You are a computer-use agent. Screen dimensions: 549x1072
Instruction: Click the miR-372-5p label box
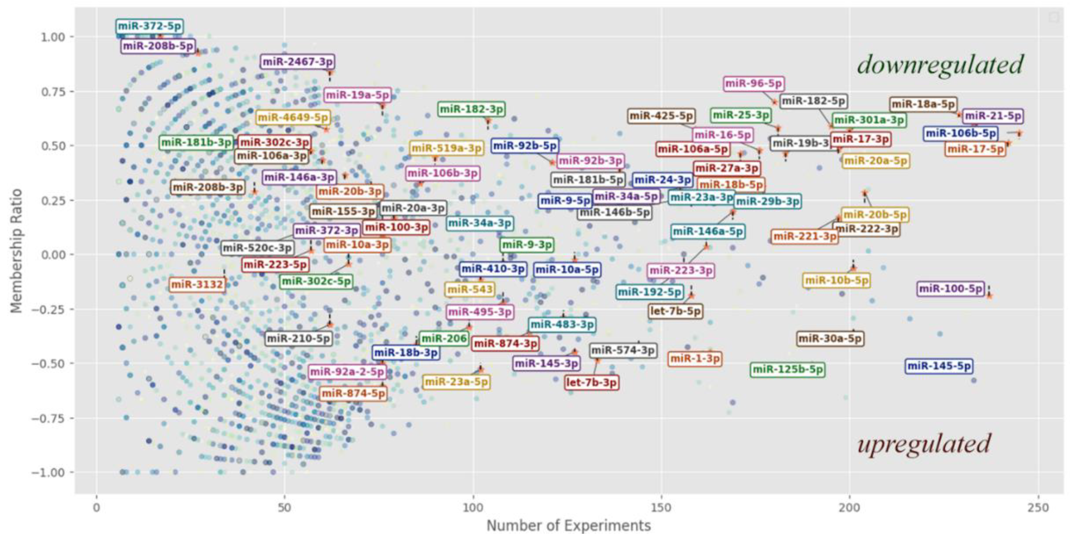[149, 27]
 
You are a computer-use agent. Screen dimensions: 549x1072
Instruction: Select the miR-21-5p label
[993, 116]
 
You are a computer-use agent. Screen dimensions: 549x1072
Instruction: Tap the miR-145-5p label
[939, 366]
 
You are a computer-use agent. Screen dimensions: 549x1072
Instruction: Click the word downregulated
[940, 65]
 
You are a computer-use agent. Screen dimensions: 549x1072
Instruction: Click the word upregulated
[924, 444]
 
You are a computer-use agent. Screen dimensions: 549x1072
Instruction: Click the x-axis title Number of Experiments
[568, 526]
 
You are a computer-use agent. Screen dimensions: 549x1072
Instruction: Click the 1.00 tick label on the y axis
[53, 37]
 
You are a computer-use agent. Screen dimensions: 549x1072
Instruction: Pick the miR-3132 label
[197, 285]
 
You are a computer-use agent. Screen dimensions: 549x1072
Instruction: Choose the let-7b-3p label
[591, 382]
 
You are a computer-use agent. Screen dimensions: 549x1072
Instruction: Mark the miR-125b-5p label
[788, 369]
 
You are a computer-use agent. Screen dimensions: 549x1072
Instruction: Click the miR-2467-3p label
[298, 62]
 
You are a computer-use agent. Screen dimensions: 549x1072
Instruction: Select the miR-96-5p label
[754, 84]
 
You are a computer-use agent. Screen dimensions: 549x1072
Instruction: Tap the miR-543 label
[470, 289]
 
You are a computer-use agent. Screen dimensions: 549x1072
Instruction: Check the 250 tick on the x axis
[1038, 508]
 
